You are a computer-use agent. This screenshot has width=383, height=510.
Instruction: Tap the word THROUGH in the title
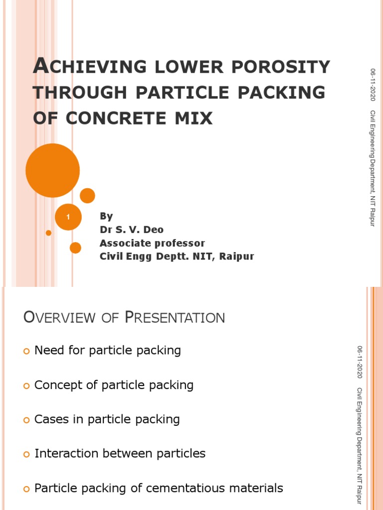tap(71, 93)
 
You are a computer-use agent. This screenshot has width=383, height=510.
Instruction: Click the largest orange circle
tap(52, 170)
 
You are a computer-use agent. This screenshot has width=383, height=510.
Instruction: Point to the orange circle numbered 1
tap(68, 217)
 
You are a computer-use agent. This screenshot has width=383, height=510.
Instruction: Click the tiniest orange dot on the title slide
tap(48, 233)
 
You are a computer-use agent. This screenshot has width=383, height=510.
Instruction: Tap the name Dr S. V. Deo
tap(132, 230)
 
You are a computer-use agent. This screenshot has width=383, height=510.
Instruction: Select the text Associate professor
tap(152, 243)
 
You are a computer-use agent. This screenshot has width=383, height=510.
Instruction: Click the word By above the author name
tap(106, 216)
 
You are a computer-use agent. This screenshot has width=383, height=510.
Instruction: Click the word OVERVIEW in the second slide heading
tap(58, 317)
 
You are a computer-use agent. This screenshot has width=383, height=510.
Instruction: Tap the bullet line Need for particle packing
tap(107, 351)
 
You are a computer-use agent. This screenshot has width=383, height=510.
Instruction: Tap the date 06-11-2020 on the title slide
tap(373, 85)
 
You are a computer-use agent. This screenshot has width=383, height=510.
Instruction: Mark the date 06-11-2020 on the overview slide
tap(360, 362)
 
